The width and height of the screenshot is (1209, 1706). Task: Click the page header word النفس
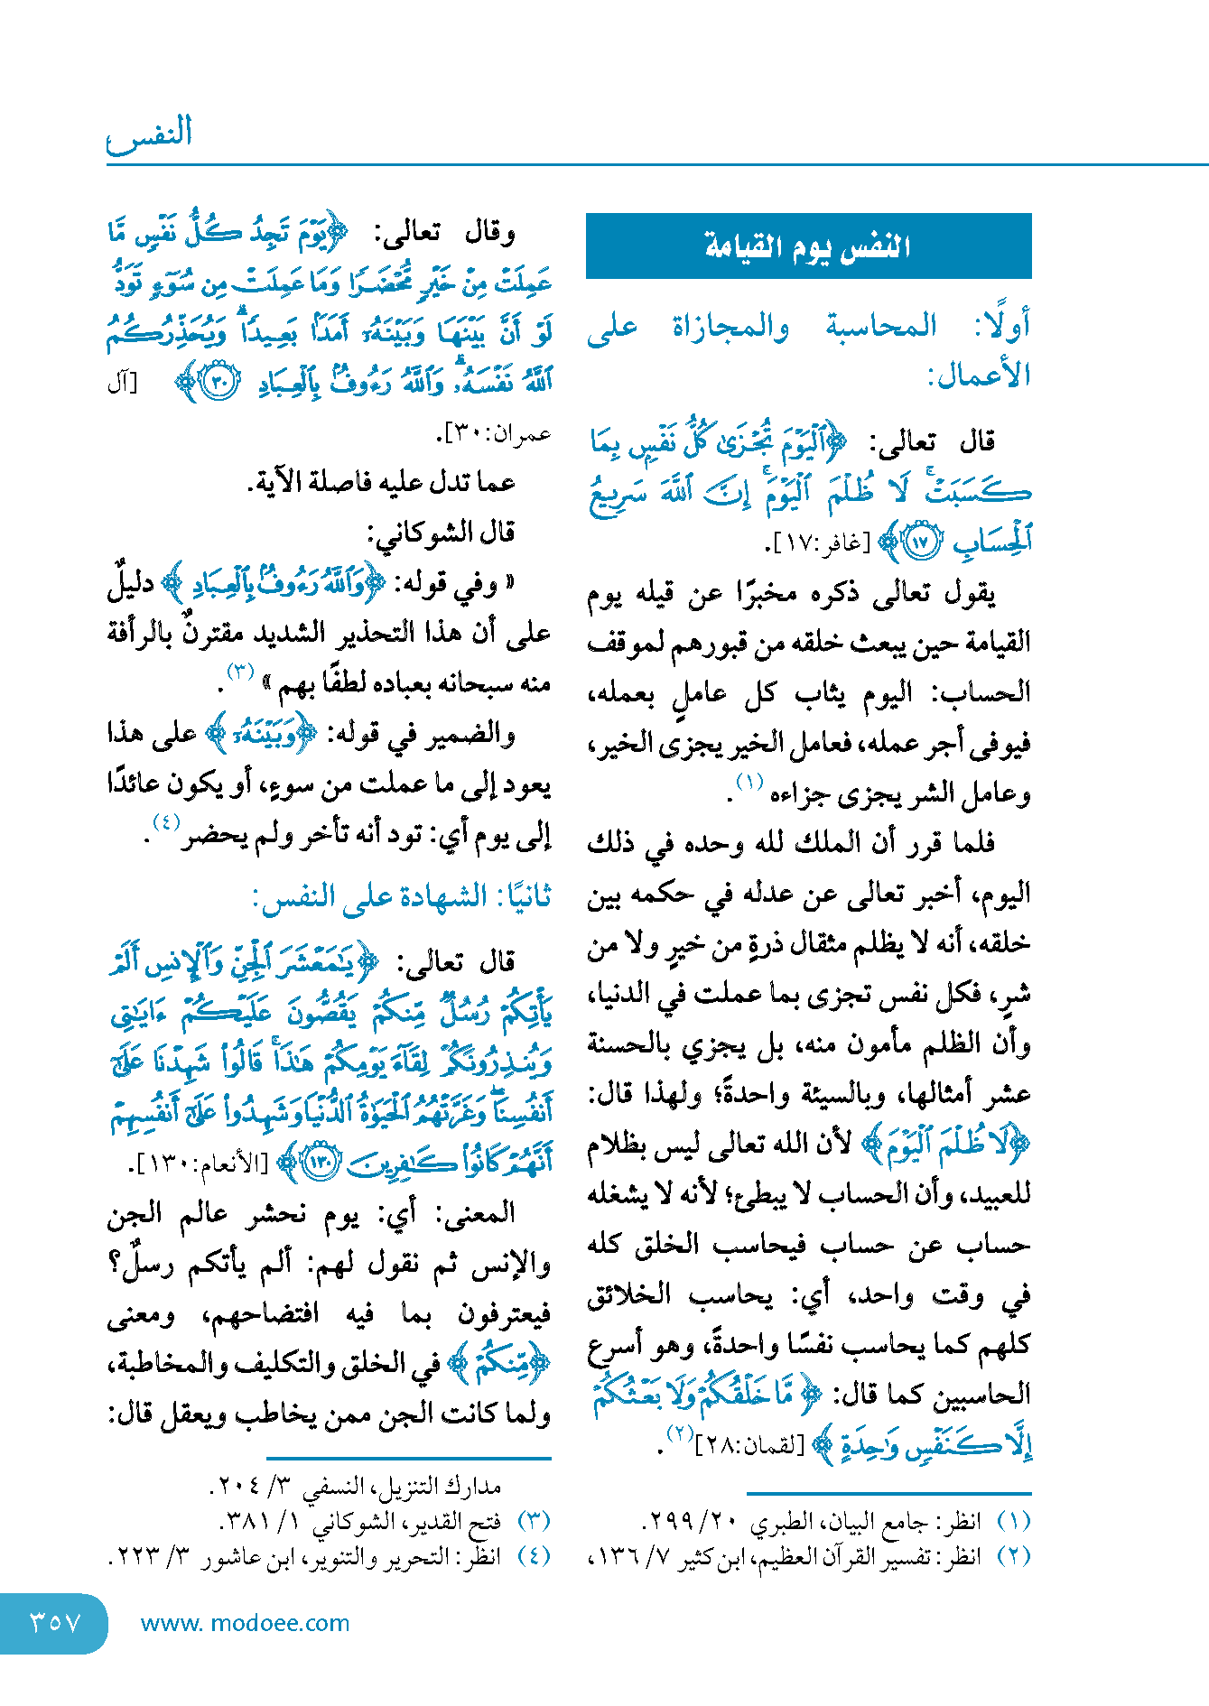(150, 133)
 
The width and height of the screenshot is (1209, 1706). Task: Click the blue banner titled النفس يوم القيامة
(808, 246)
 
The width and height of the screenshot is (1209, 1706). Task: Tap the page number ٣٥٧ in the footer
(54, 1622)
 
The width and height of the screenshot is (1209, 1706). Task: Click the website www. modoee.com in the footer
(245, 1623)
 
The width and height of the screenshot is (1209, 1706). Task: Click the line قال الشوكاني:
(442, 532)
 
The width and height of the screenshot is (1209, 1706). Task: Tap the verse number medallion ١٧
(920, 542)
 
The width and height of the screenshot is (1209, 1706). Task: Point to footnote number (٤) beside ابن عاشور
(534, 1556)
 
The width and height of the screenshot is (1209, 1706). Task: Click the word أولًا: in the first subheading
(1002, 326)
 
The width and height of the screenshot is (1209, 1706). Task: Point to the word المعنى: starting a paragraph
(475, 1213)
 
